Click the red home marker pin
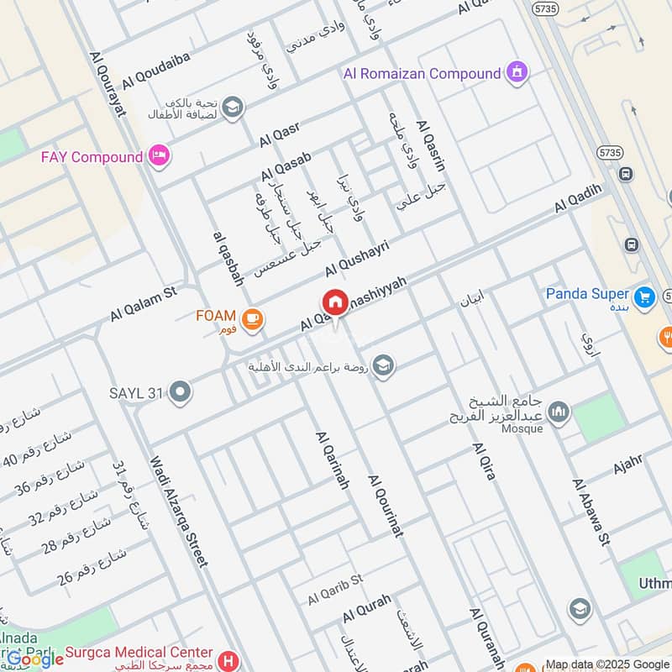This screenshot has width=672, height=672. point(334,302)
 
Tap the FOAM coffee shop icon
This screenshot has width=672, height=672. point(251,318)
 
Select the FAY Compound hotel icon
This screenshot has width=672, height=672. point(159,155)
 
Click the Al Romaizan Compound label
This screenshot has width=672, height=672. point(422,74)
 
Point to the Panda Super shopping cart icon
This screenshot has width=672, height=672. point(644,296)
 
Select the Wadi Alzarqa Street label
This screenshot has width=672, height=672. point(177,512)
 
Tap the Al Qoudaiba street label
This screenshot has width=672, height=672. point(155,71)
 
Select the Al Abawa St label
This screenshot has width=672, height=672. point(590,512)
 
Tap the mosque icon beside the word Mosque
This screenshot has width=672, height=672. point(558,412)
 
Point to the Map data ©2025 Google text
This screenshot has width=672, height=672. point(607,664)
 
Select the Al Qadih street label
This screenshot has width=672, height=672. point(578,200)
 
